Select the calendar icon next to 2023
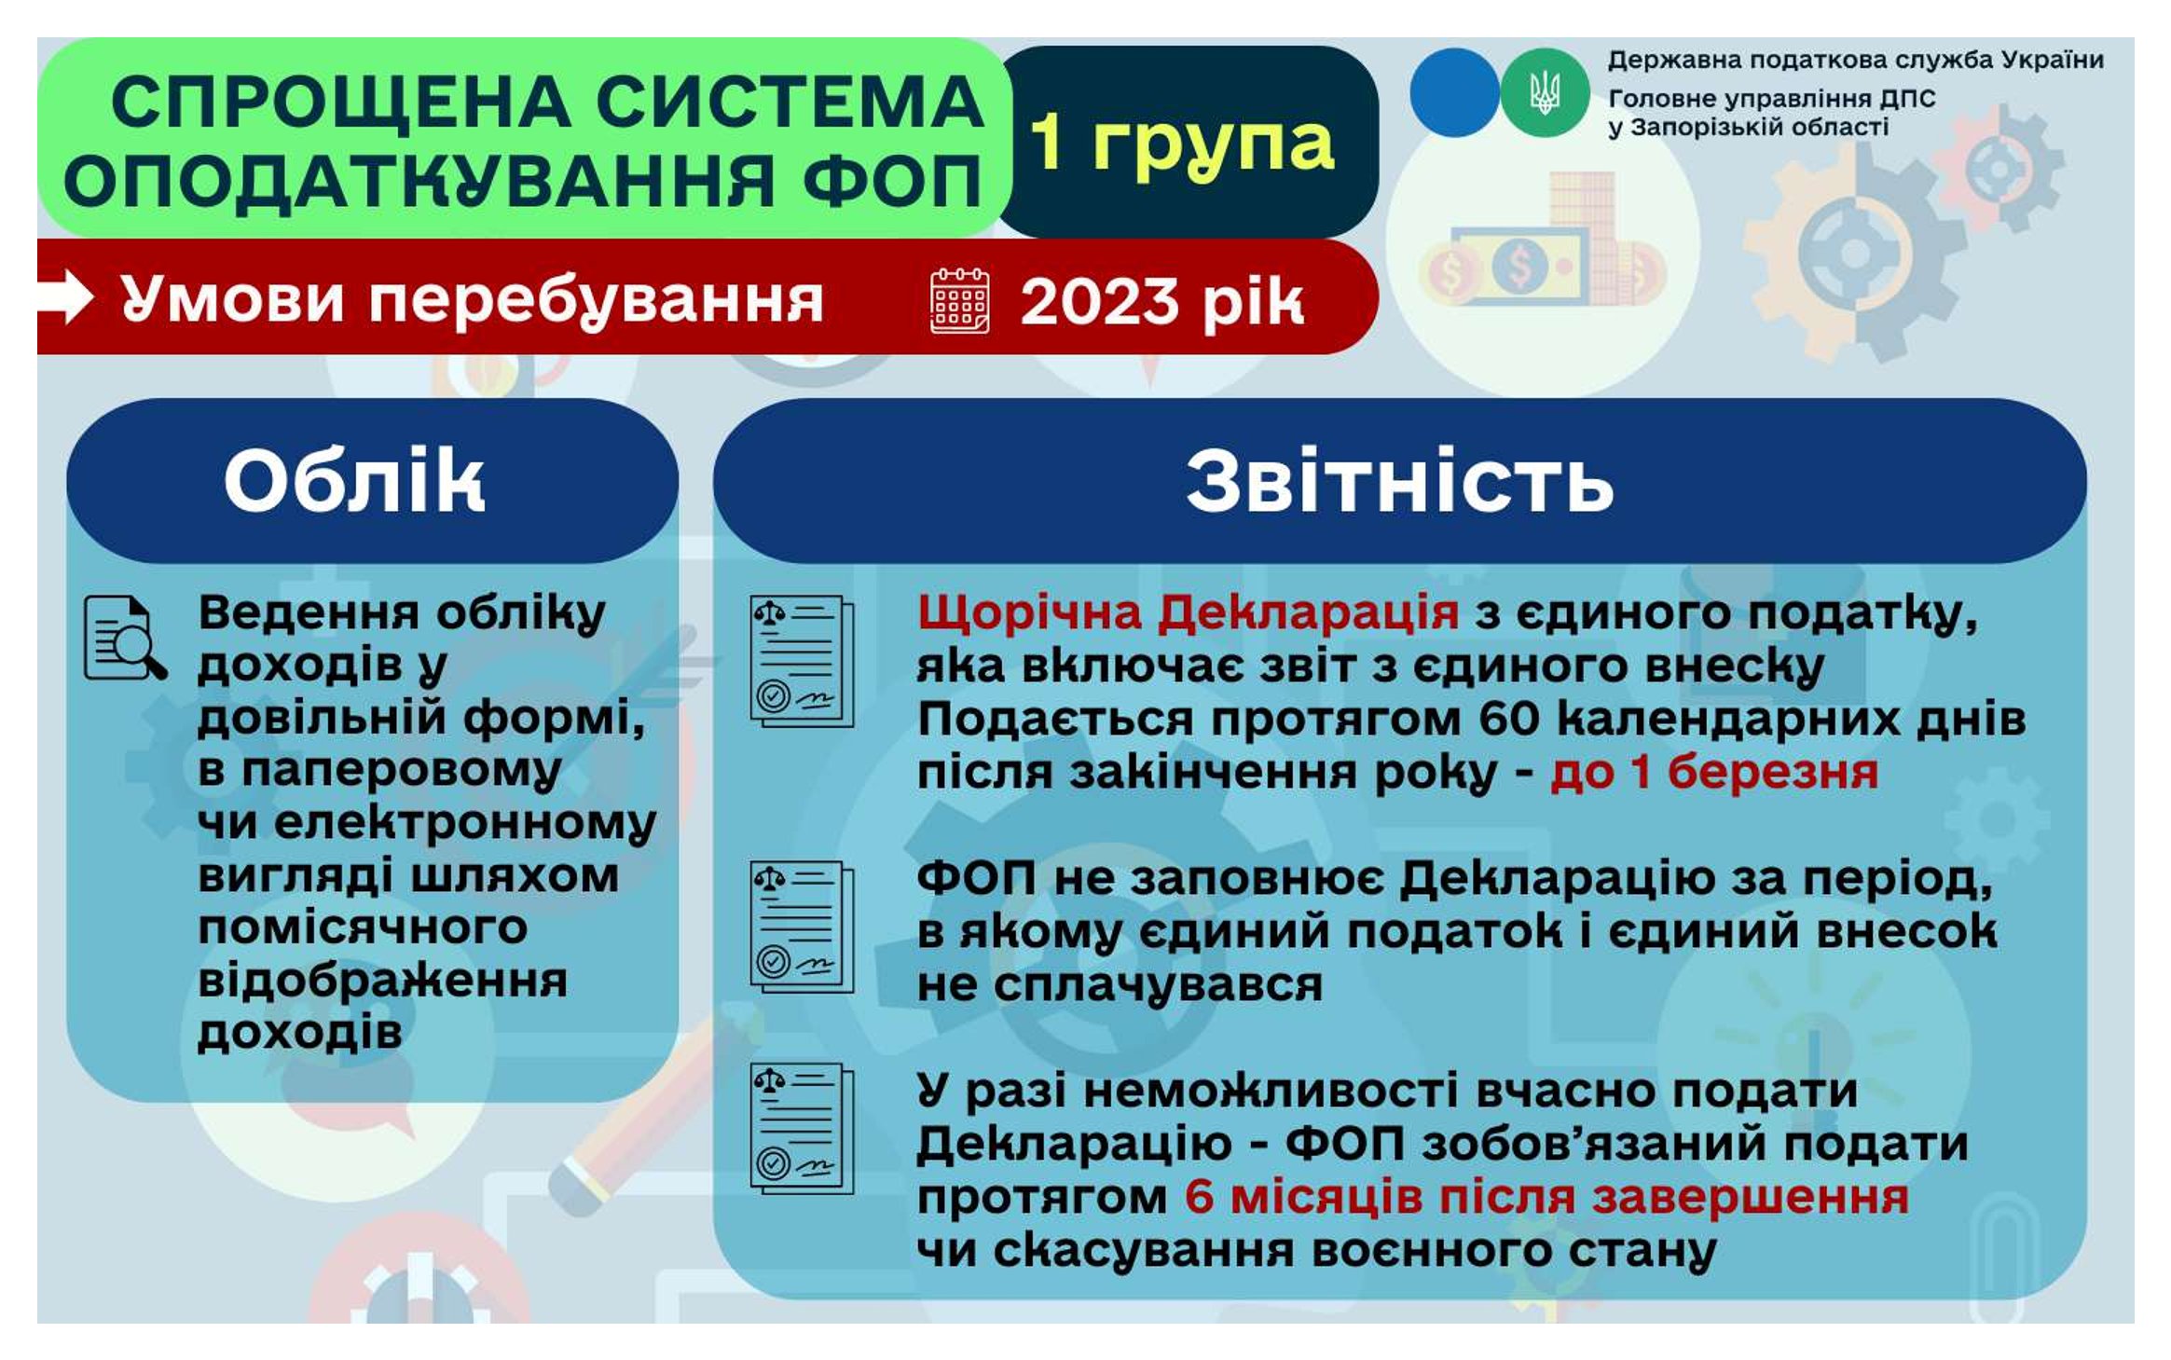pos(959,300)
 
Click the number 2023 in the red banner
pos(1099,302)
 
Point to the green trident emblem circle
pos(1544,93)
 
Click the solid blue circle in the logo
pos(1454,93)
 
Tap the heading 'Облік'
pos(354,480)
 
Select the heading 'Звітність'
pos(1399,480)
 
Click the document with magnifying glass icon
pos(126,639)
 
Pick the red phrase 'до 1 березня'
pos(1714,772)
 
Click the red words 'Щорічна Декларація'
pos(1189,613)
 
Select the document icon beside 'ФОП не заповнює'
pos(802,927)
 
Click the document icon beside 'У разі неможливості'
pos(802,1129)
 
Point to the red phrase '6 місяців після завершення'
pos(1547,1198)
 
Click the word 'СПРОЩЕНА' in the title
pos(340,102)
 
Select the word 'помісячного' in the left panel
pos(363,928)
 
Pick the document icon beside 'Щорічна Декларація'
pos(802,661)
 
